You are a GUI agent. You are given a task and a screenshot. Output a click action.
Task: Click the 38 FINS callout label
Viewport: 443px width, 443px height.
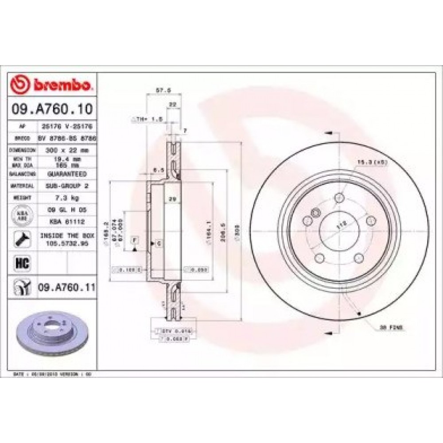click(x=390, y=328)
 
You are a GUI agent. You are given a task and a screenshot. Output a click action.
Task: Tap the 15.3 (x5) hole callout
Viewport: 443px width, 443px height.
click(x=367, y=162)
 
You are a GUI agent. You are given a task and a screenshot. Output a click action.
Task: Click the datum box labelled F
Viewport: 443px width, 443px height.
click(x=134, y=240)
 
